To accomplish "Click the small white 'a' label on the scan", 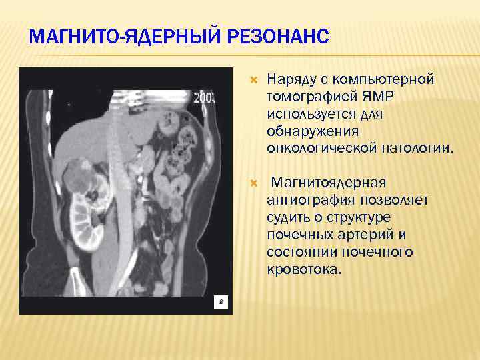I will point(221,302).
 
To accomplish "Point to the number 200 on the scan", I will point(204,98).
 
